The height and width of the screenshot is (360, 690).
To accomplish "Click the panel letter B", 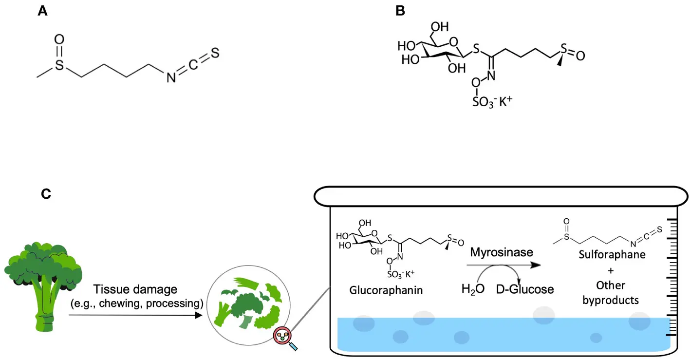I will (400, 11).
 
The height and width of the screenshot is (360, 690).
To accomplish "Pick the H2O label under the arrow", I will (472, 289).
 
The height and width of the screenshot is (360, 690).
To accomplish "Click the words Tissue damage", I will (136, 289).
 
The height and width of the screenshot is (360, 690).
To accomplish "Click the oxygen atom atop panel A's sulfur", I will (59, 38).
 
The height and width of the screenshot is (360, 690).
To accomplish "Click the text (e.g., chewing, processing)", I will (136, 303).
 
